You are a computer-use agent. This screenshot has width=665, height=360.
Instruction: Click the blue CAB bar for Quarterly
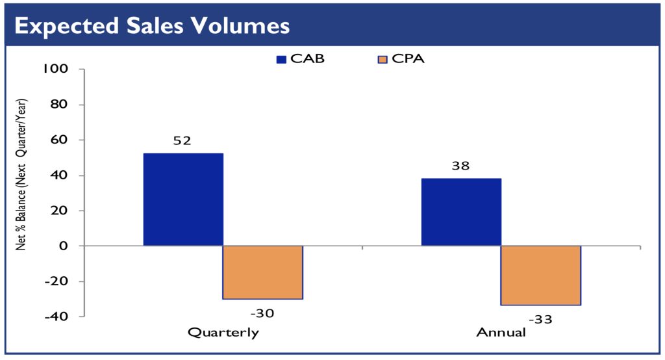click(x=182, y=199)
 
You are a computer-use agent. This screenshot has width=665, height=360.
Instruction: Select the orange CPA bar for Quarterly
click(x=262, y=272)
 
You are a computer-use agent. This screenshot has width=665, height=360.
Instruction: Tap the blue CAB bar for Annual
click(x=461, y=212)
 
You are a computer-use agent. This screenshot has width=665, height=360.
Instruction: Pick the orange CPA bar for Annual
click(x=540, y=276)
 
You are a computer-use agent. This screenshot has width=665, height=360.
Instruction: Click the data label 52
click(x=182, y=140)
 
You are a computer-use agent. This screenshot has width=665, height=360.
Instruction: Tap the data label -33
click(x=540, y=319)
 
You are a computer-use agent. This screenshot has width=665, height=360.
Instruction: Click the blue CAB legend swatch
click(x=281, y=59)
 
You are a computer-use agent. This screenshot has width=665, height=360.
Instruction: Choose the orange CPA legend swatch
click(x=381, y=59)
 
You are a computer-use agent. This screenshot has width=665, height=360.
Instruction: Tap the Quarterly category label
click(x=223, y=333)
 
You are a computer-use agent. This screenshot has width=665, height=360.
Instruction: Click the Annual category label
click(x=501, y=333)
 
